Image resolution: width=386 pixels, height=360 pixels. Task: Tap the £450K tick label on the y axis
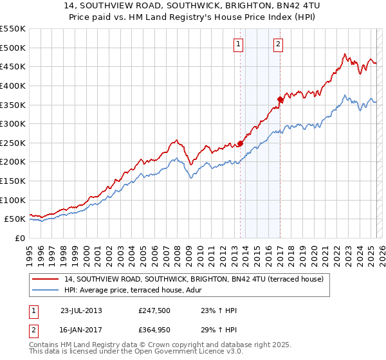[x=12, y=66]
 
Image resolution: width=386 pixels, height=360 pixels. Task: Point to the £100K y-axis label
[x=12, y=200]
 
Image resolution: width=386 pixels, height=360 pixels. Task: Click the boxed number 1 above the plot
[x=238, y=44]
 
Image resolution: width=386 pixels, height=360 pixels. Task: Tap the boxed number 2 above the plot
[x=278, y=44]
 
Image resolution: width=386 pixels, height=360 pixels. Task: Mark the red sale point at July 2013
[x=241, y=143]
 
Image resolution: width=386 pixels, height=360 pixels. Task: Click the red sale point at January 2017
[x=280, y=99]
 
